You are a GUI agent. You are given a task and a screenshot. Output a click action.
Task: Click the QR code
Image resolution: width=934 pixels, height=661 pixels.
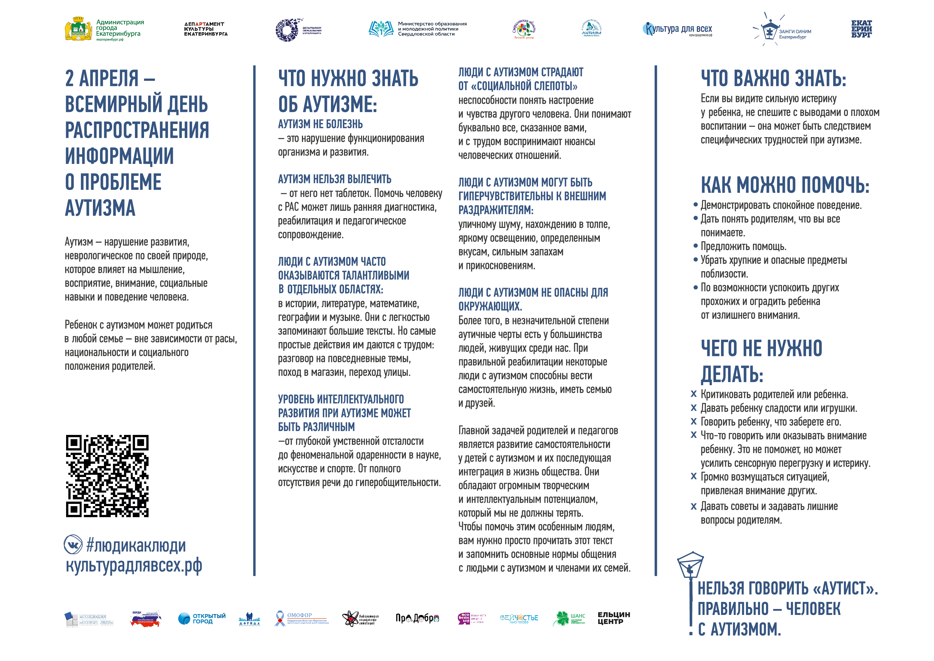point(107,476)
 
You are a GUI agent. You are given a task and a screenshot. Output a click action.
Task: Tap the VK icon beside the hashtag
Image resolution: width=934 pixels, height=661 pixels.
point(73,545)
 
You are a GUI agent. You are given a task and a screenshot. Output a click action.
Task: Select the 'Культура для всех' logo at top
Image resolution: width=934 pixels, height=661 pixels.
point(678,29)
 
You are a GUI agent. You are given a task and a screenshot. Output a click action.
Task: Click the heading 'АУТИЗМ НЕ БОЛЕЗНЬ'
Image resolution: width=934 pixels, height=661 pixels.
point(320,124)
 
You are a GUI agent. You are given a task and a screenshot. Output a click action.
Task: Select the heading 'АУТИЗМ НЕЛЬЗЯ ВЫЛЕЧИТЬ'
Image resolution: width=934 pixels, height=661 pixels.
point(334,179)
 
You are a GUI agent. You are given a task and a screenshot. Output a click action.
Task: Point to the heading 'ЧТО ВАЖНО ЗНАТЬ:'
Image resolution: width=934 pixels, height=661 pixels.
point(773,79)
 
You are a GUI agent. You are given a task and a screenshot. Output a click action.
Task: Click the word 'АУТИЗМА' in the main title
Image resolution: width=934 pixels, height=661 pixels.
point(100,208)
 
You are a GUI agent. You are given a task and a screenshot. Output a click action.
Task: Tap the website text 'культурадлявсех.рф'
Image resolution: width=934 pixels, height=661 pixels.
point(134,566)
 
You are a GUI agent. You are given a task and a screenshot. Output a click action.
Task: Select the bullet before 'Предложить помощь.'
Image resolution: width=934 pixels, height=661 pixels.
point(695,246)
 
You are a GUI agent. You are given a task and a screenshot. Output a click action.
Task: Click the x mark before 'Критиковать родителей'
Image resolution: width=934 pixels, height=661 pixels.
point(694,394)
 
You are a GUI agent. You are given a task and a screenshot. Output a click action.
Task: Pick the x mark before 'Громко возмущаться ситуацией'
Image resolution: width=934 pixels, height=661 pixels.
point(694,476)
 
